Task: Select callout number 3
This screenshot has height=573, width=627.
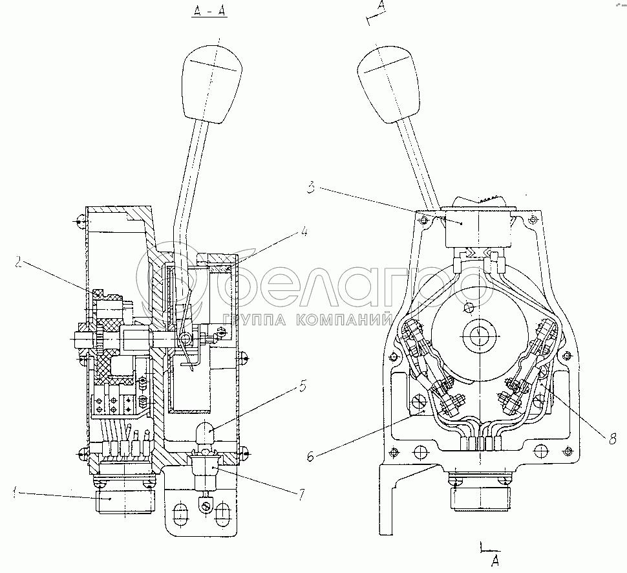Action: click(312, 188)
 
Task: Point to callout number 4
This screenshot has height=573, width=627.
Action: click(304, 231)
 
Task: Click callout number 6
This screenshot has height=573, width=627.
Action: click(311, 455)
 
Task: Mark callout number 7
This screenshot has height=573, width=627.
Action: click(302, 495)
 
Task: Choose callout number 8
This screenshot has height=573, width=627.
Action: click(612, 440)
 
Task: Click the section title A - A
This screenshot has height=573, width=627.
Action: click(209, 11)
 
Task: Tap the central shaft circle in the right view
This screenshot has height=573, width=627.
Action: click(478, 335)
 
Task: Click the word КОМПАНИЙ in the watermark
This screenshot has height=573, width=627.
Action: click(344, 308)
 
